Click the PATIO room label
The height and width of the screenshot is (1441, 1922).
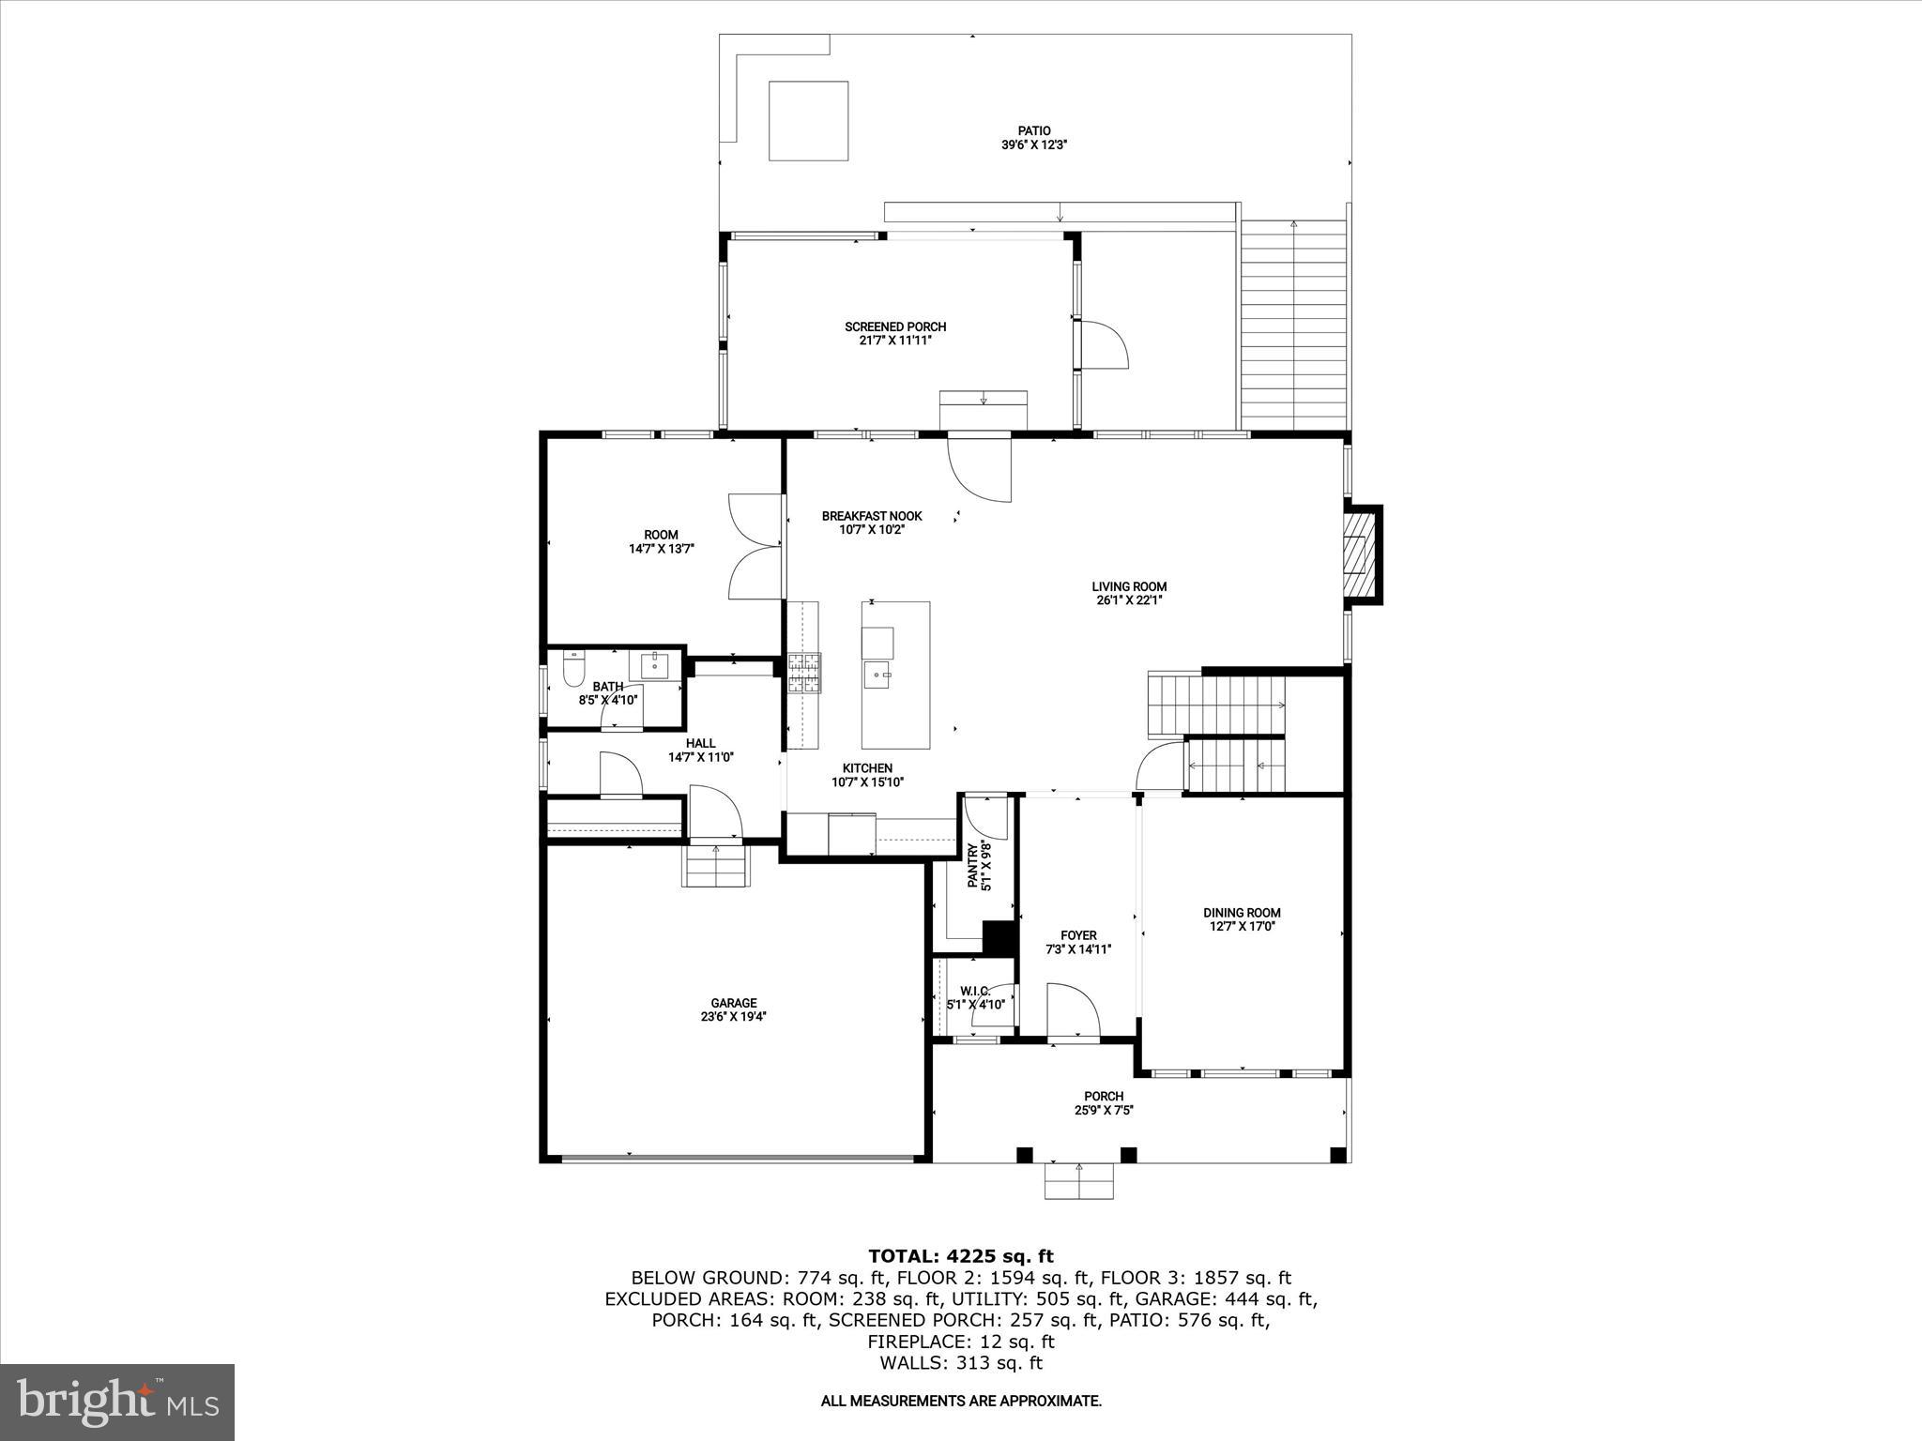click(1034, 130)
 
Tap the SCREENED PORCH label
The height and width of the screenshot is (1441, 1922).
click(895, 326)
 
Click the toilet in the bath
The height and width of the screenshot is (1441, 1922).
click(572, 669)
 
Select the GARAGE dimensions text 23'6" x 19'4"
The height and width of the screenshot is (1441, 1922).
click(733, 1016)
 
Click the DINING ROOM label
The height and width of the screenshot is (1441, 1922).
click(1242, 912)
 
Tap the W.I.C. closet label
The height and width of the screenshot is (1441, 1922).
click(975, 991)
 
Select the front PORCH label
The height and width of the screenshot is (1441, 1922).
click(1104, 1096)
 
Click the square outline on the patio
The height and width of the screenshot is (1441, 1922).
click(809, 121)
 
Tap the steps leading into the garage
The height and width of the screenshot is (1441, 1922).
click(717, 865)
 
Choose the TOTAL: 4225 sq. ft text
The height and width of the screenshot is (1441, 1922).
click(960, 1256)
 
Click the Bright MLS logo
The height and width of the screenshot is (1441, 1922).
click(117, 1402)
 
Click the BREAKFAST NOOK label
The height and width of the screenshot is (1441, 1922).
click(872, 516)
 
